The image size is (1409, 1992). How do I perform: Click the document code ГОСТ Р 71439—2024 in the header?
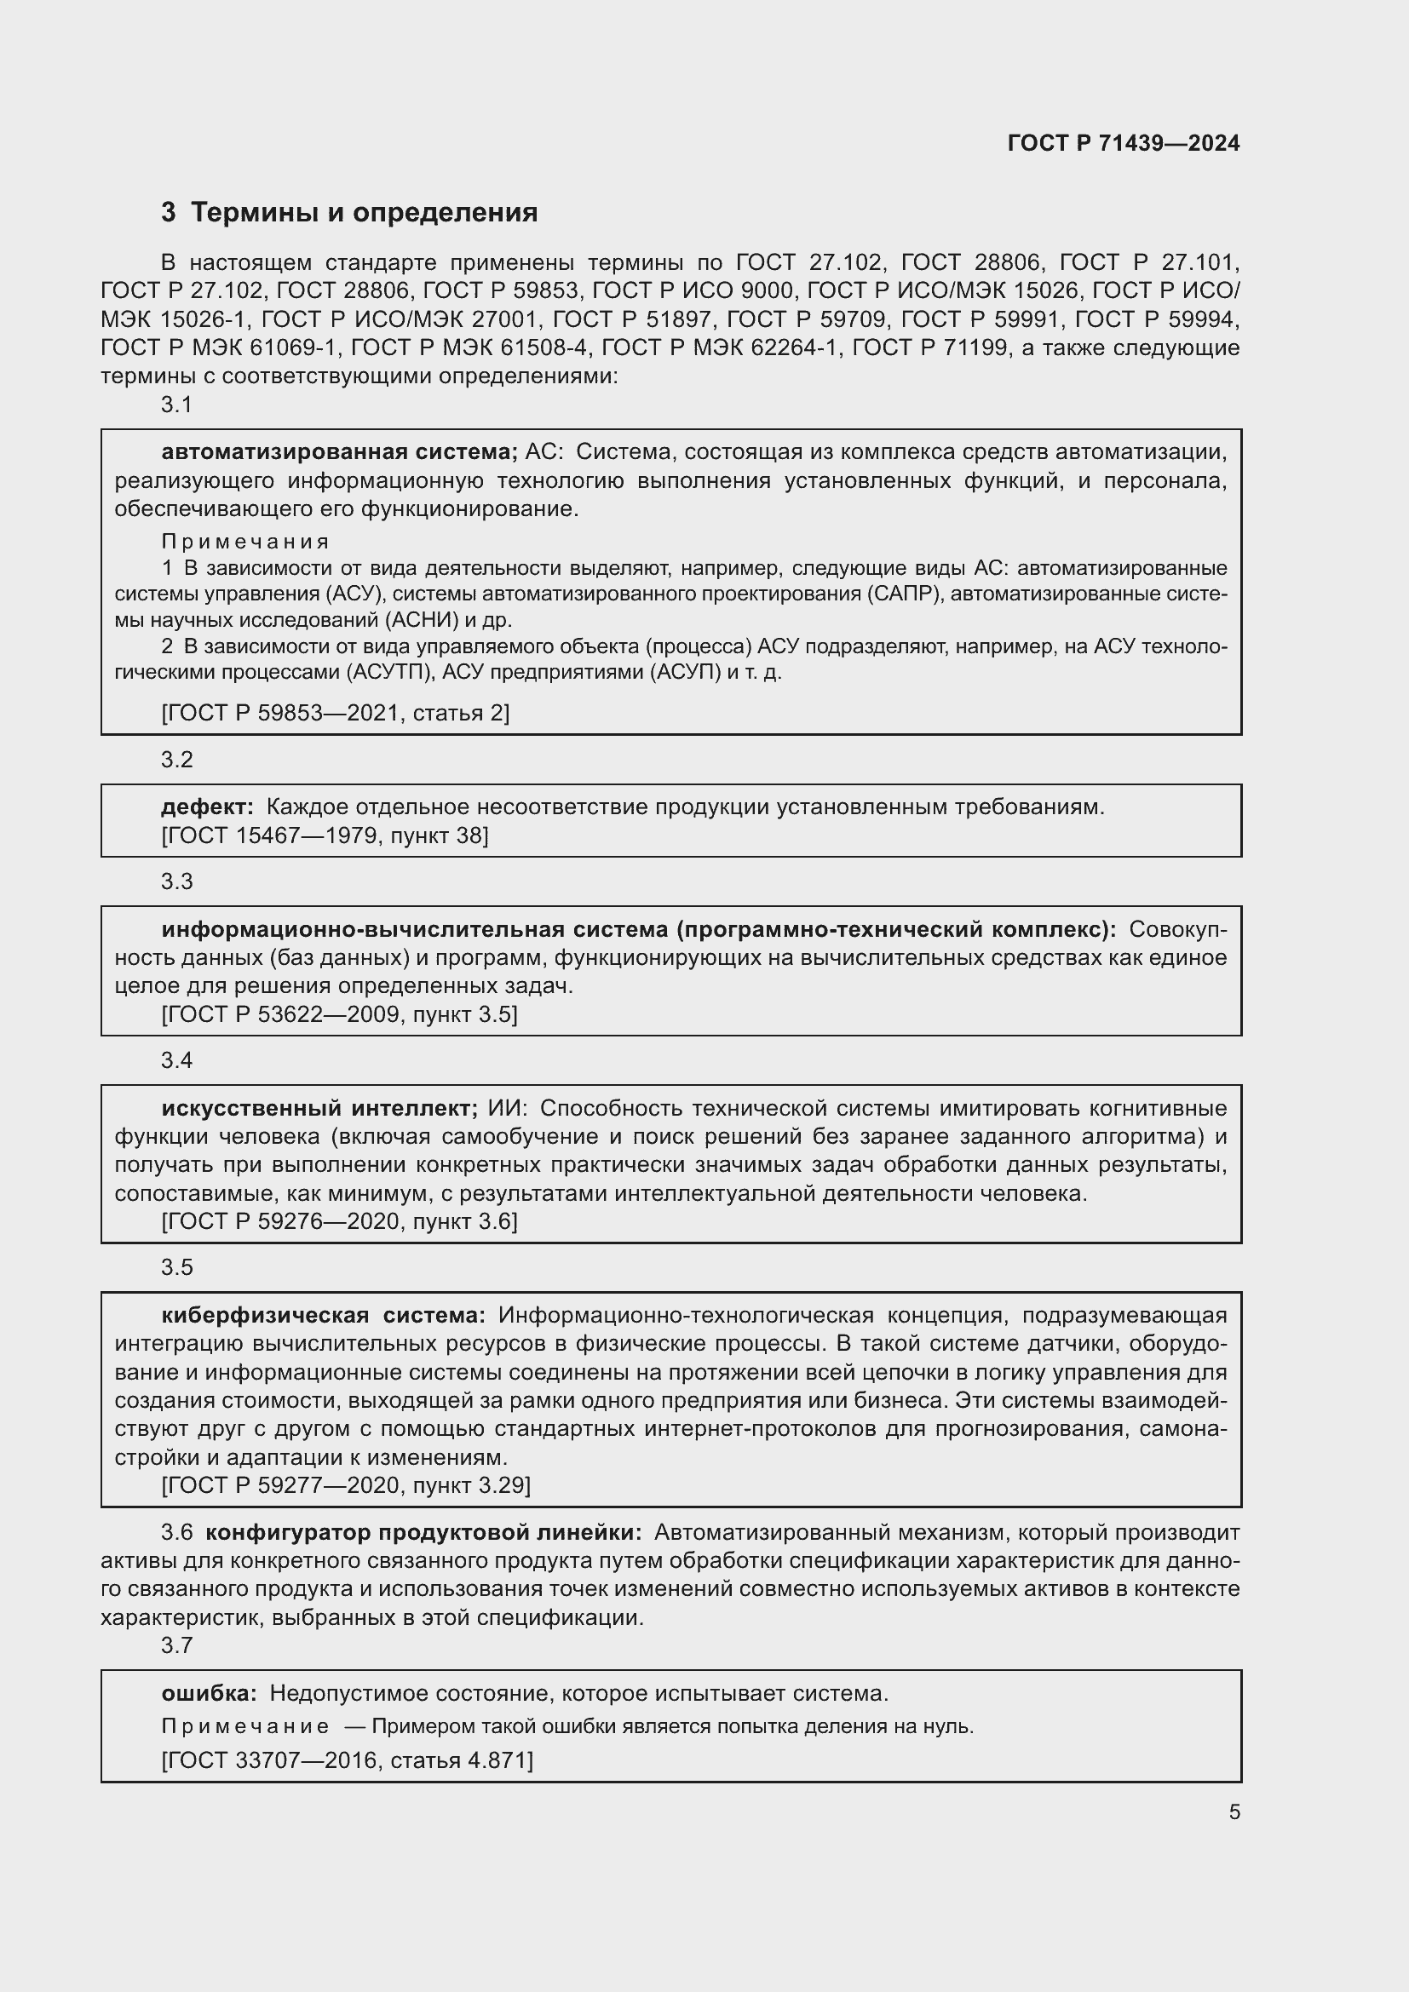1123,144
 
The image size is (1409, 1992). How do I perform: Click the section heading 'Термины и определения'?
364,213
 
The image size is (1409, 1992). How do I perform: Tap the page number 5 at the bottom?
1234,1811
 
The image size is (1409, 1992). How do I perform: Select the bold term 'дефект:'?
207,807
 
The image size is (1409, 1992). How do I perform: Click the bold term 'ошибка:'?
209,1693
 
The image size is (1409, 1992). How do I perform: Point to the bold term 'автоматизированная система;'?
339,452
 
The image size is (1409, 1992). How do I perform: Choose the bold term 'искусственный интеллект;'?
319,1108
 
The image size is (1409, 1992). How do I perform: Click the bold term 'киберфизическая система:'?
323,1315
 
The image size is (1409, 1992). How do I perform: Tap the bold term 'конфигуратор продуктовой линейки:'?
423,1533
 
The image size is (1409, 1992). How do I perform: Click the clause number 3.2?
177,760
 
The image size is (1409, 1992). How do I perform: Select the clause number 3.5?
177,1267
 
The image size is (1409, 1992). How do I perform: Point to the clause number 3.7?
177,1645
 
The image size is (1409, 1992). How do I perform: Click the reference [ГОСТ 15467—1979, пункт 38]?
325,835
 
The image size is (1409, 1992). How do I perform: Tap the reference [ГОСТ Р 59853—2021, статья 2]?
335,713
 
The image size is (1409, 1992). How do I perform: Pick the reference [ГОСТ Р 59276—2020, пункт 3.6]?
339,1221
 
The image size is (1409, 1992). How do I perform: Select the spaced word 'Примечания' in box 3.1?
245,542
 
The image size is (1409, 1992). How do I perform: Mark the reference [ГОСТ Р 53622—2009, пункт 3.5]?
339,1014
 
